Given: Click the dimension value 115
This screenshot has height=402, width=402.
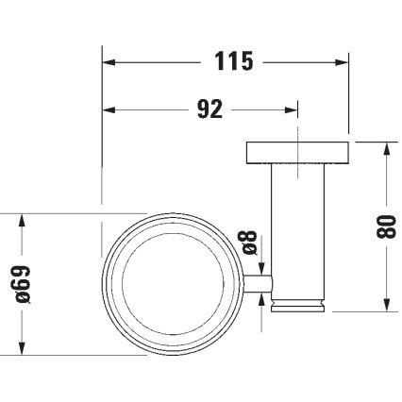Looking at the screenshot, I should click(x=228, y=62).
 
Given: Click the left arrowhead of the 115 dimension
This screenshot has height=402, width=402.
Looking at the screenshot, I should click(x=107, y=63).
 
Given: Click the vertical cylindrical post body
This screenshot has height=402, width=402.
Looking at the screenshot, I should click(x=298, y=226).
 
